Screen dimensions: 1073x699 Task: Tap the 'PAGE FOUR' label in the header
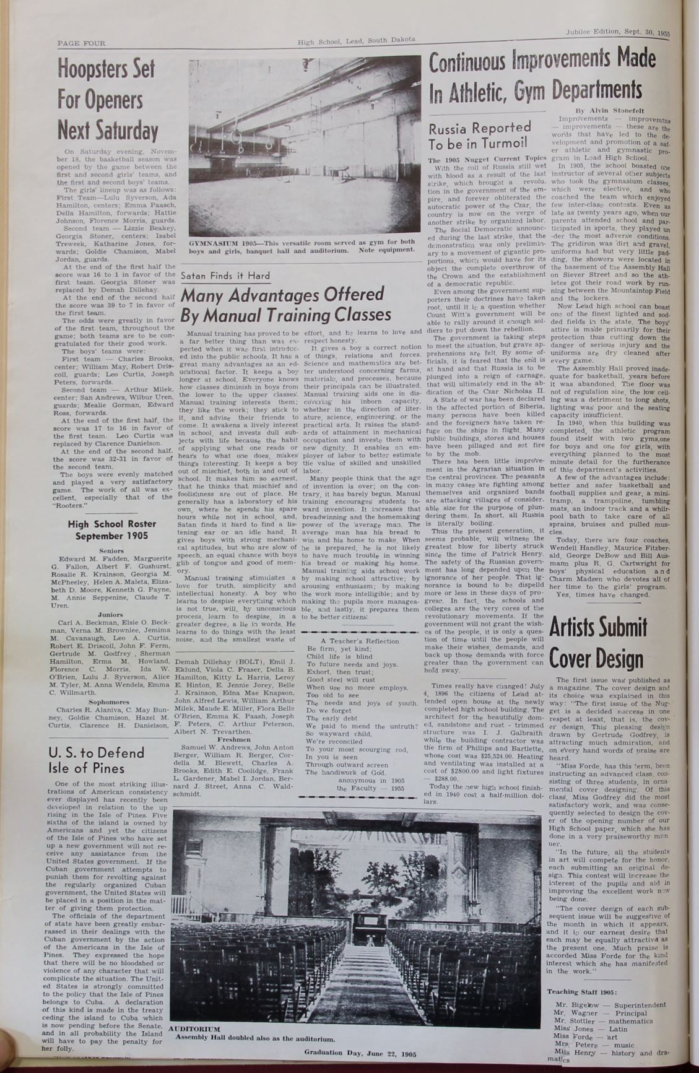(x=81, y=43)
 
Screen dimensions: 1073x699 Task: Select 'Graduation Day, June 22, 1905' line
(x=360, y=1052)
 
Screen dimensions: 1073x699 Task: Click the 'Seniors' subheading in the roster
(x=111, y=550)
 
